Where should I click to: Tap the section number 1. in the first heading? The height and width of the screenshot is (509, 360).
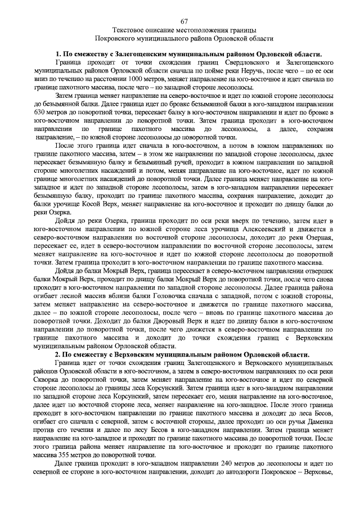(58, 53)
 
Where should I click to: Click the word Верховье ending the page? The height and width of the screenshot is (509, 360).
(318, 476)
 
